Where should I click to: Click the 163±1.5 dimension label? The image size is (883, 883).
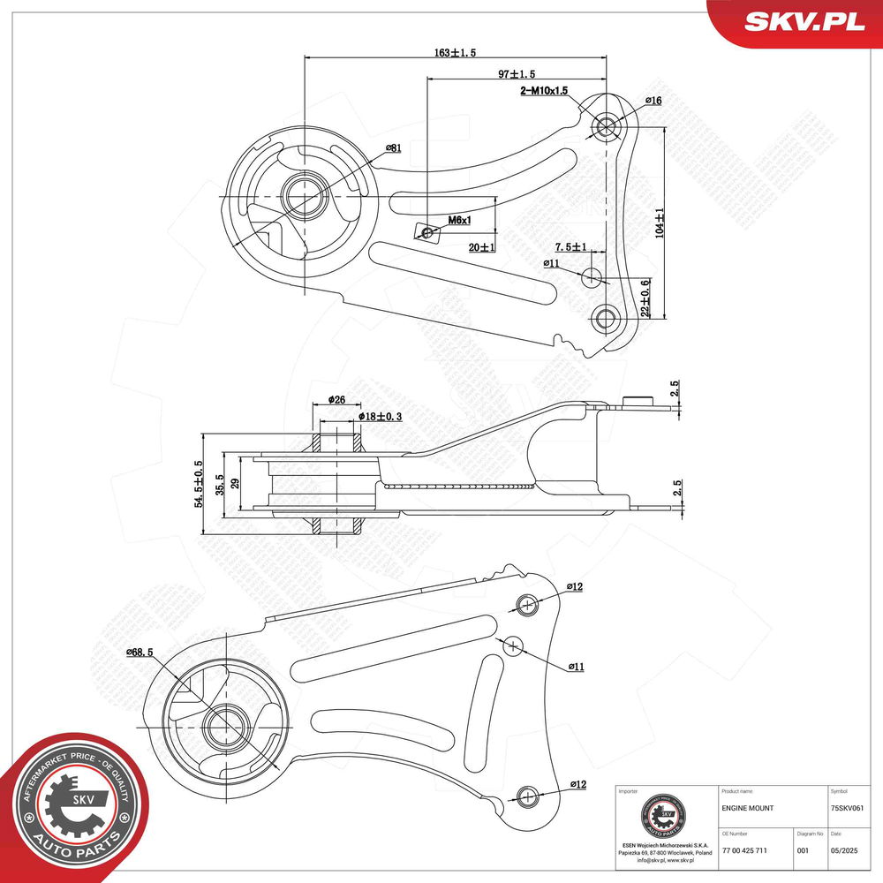pyautogui.click(x=455, y=53)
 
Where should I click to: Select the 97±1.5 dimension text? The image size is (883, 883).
pyautogui.click(x=517, y=74)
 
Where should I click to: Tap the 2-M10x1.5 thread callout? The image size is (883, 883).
pyautogui.click(x=544, y=90)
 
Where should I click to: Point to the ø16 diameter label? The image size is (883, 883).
pyautogui.click(x=653, y=101)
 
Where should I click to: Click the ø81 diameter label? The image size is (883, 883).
pyautogui.click(x=393, y=147)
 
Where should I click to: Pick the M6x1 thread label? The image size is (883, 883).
pyautogui.click(x=459, y=220)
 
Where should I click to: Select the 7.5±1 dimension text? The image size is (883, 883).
pyautogui.click(x=570, y=246)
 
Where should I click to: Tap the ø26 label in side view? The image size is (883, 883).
pyautogui.click(x=336, y=400)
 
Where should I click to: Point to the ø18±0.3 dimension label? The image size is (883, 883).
pyautogui.click(x=381, y=416)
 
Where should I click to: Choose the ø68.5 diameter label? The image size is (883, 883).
pyautogui.click(x=140, y=652)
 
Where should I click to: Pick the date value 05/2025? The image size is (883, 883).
pyautogui.click(x=844, y=850)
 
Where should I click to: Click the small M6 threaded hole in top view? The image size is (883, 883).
pyautogui.click(x=428, y=232)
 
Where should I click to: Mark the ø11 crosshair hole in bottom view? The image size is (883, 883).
pyautogui.click(x=513, y=645)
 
